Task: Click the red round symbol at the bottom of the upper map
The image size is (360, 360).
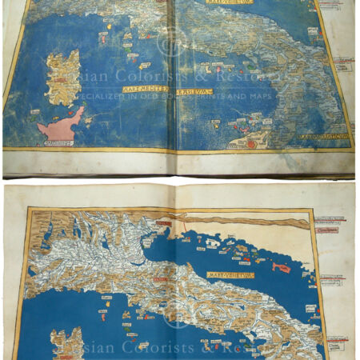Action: [250, 144]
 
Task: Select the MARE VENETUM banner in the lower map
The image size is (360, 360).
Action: [226, 275]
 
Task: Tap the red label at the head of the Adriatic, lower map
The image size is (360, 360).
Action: [163, 223]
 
